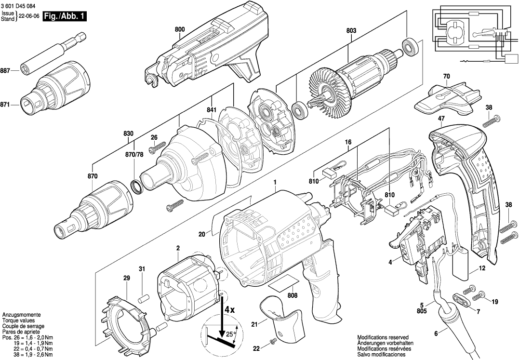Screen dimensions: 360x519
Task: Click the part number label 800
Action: [x=179, y=29]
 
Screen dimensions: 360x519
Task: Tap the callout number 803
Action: [x=351, y=30]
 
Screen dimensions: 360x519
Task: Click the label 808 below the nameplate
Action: [x=292, y=295]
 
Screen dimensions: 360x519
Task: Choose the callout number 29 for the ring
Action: [x=126, y=279]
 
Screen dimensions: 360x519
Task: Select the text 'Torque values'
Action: [x=18, y=320]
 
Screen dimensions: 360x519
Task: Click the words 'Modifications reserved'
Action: [x=383, y=337]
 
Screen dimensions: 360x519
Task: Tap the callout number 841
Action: [x=212, y=110]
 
